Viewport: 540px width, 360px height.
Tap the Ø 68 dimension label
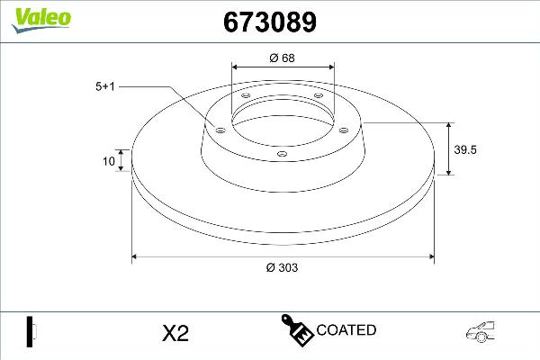click(283, 58)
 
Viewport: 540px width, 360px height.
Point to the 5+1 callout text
click(105, 86)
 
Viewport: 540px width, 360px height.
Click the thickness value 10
click(109, 162)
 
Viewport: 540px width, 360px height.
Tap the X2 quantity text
click(174, 333)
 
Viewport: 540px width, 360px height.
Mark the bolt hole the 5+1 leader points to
click(219, 130)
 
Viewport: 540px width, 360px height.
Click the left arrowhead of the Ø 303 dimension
click(136, 257)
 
